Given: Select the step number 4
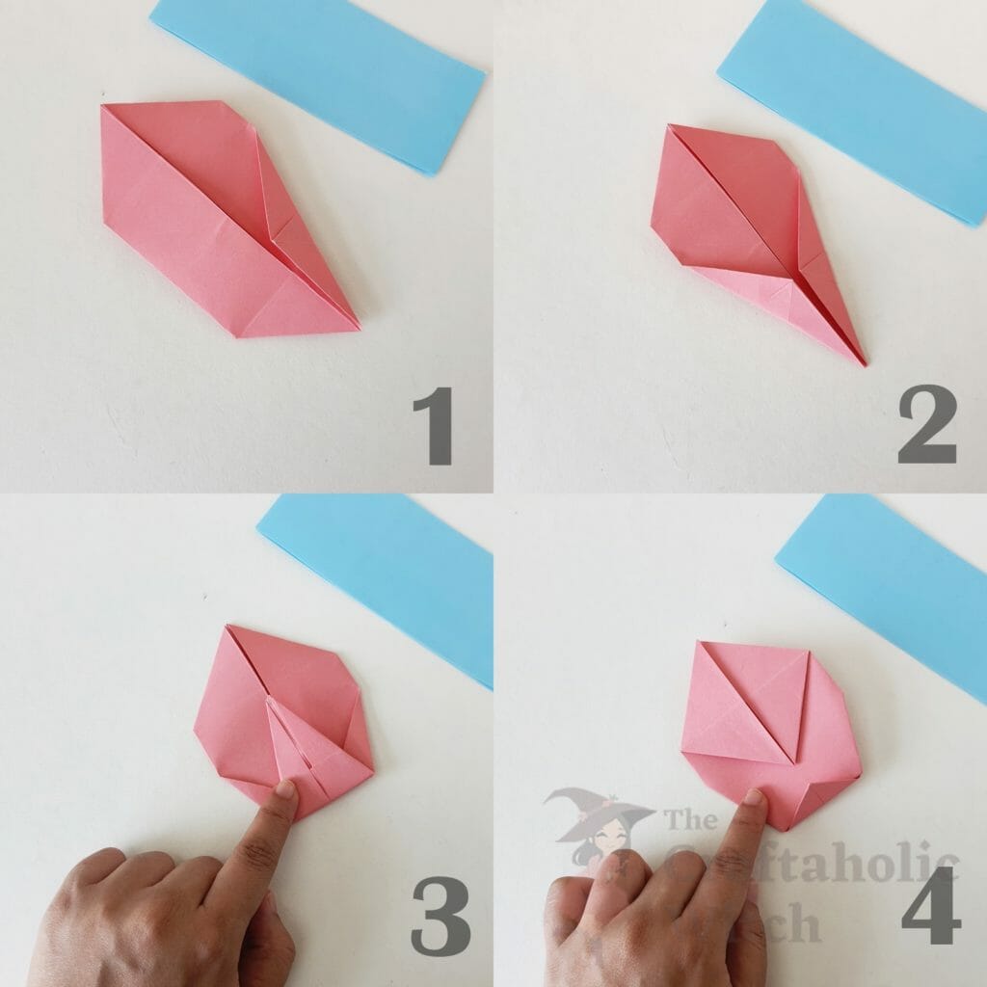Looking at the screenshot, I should (931, 906).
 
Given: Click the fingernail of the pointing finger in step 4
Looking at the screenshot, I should (754, 796).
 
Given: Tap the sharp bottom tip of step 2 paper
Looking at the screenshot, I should (864, 363).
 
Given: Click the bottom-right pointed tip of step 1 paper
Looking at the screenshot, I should (358, 328).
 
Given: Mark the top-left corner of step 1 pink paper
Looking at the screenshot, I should (103, 107).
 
